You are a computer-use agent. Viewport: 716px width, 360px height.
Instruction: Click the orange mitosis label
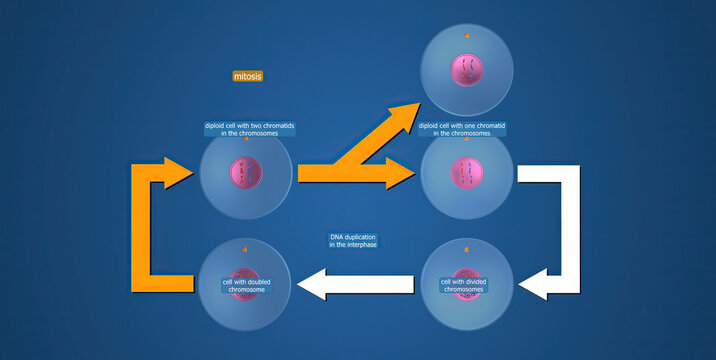coord(248,75)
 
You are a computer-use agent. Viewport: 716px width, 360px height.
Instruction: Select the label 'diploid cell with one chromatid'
coord(461,129)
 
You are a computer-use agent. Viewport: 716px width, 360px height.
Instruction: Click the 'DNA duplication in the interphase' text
coord(353,241)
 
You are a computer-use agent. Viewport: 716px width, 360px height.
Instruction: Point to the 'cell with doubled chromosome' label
coord(244,285)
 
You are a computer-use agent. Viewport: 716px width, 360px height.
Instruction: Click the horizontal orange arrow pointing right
coord(355,173)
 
